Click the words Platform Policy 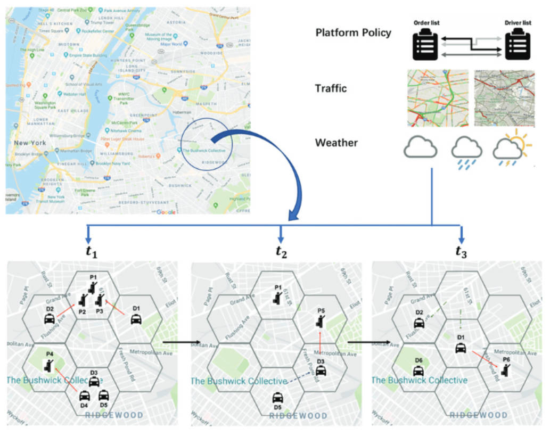[353, 32]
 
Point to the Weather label [336, 143]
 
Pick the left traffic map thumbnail [438, 98]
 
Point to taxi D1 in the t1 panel [136, 319]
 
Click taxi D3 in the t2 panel [321, 371]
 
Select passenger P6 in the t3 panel [504, 369]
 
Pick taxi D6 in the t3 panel [418, 371]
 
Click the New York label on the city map [29, 143]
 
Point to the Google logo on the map [166, 211]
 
